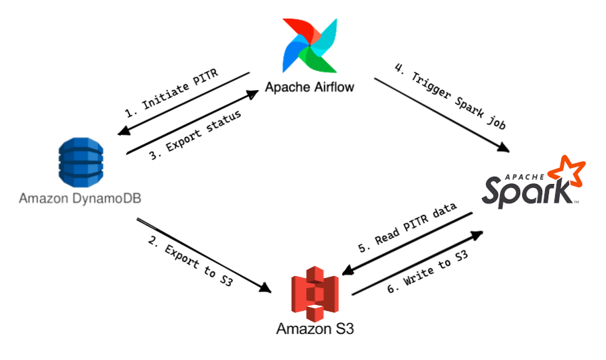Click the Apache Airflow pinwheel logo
coord(309,45)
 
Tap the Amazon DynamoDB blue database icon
coord(80,161)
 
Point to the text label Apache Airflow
coord(309,87)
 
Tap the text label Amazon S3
coord(315,329)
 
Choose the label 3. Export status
coord(195,135)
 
